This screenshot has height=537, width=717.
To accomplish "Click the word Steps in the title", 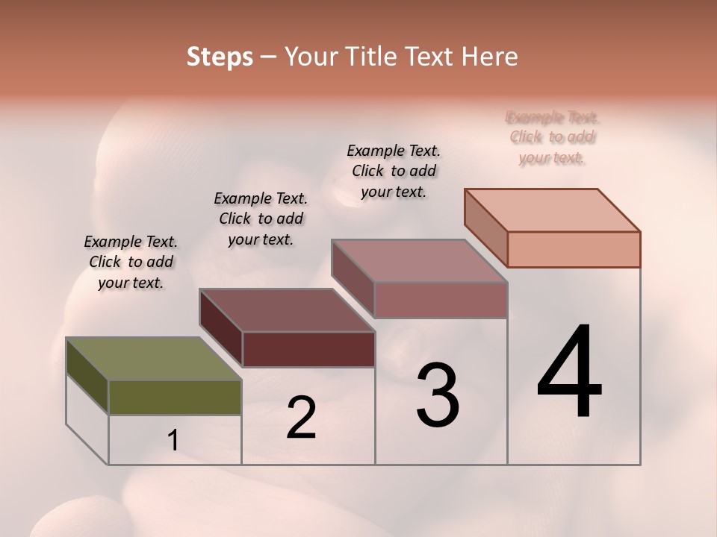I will (x=220, y=57).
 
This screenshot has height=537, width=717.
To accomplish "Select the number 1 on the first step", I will (x=173, y=441).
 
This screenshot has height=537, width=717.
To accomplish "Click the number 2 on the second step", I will (x=301, y=418).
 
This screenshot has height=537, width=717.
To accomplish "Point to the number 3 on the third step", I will (x=438, y=395).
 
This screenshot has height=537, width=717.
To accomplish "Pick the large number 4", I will (x=569, y=373).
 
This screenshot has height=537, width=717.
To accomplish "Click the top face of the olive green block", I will (x=153, y=359).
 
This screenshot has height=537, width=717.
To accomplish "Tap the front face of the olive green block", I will (x=175, y=397).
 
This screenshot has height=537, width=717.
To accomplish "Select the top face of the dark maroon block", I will (x=287, y=310).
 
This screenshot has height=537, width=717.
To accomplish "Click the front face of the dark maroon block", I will (x=308, y=349).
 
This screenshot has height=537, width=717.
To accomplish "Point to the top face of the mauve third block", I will (x=420, y=261).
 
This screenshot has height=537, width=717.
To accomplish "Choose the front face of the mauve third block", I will (x=441, y=300).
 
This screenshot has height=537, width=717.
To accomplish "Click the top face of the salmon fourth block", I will (x=553, y=210).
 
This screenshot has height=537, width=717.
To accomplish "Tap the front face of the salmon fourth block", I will (x=574, y=249).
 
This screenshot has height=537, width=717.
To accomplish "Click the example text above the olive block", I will (x=131, y=262).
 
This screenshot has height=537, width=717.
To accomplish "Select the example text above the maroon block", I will (x=261, y=219).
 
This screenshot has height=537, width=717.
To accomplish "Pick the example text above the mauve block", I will (x=394, y=171).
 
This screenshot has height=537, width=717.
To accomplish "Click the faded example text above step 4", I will (x=553, y=137).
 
